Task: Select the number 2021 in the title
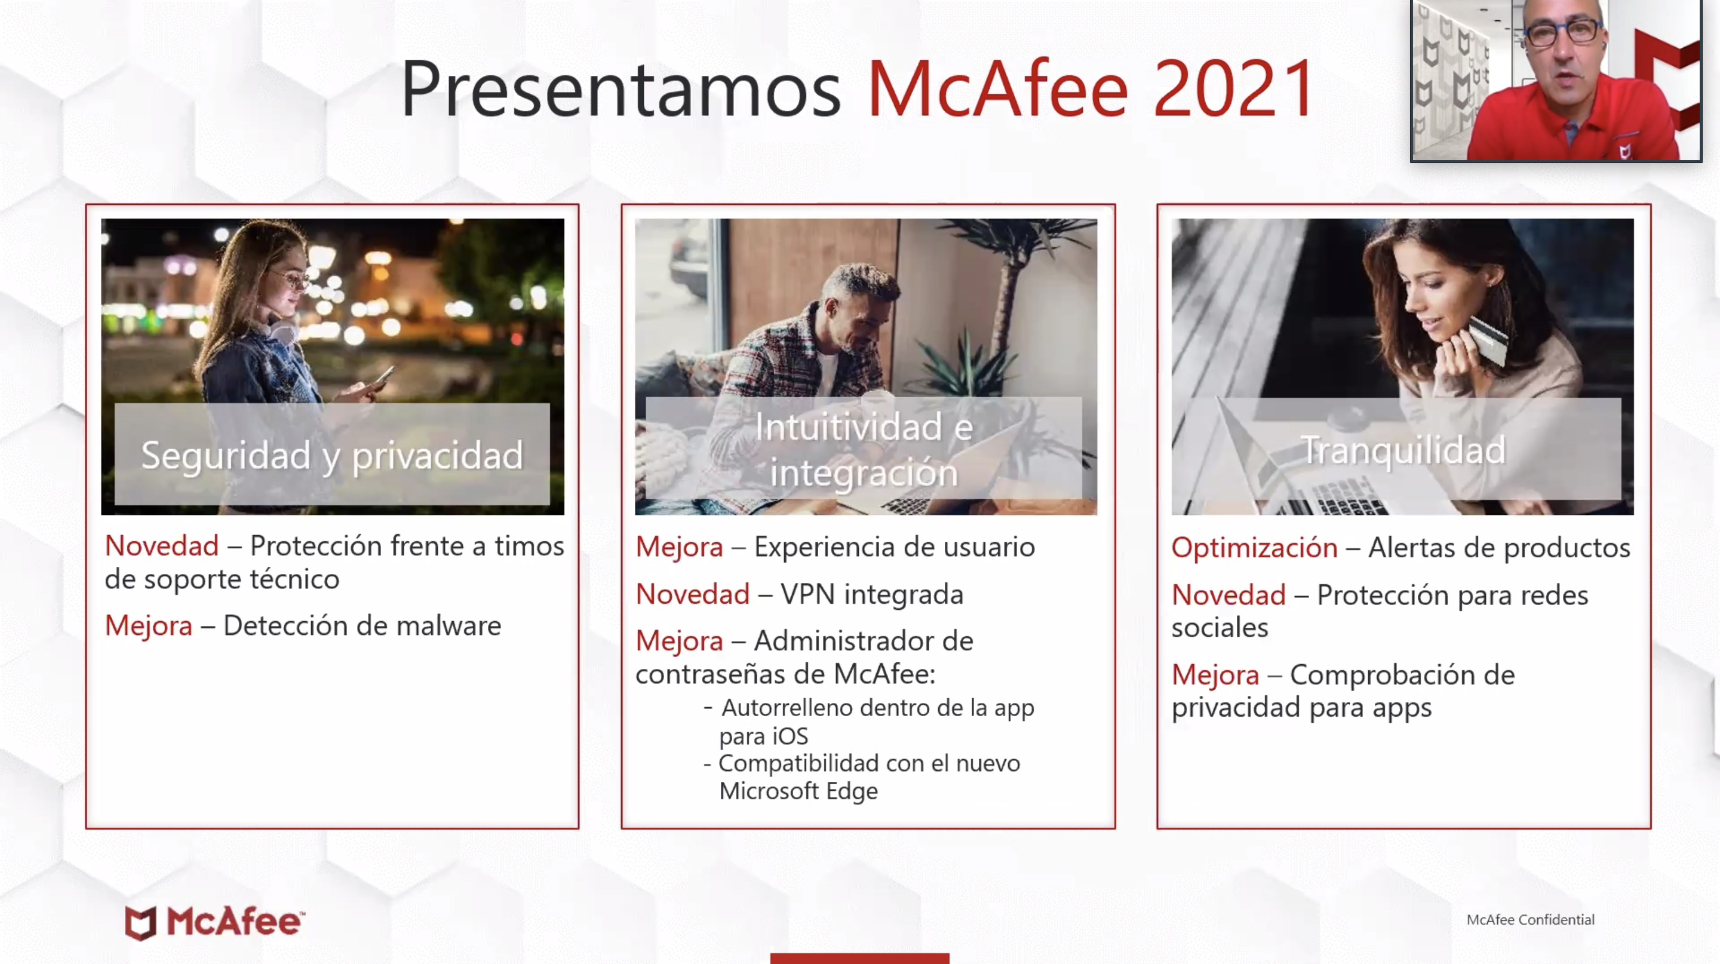pyautogui.click(x=1235, y=89)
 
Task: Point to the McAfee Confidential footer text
pyautogui.click(x=1530, y=919)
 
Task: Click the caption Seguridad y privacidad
pyautogui.click(x=332, y=456)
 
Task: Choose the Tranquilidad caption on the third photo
pyautogui.click(x=1403, y=449)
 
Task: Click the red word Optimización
pyautogui.click(x=1254, y=548)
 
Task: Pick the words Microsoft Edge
pyautogui.click(x=798, y=791)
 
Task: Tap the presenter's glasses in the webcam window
pyautogui.click(x=1562, y=32)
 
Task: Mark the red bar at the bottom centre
pyautogui.click(x=859, y=958)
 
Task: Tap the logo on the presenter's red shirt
pyautogui.click(x=1625, y=152)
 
